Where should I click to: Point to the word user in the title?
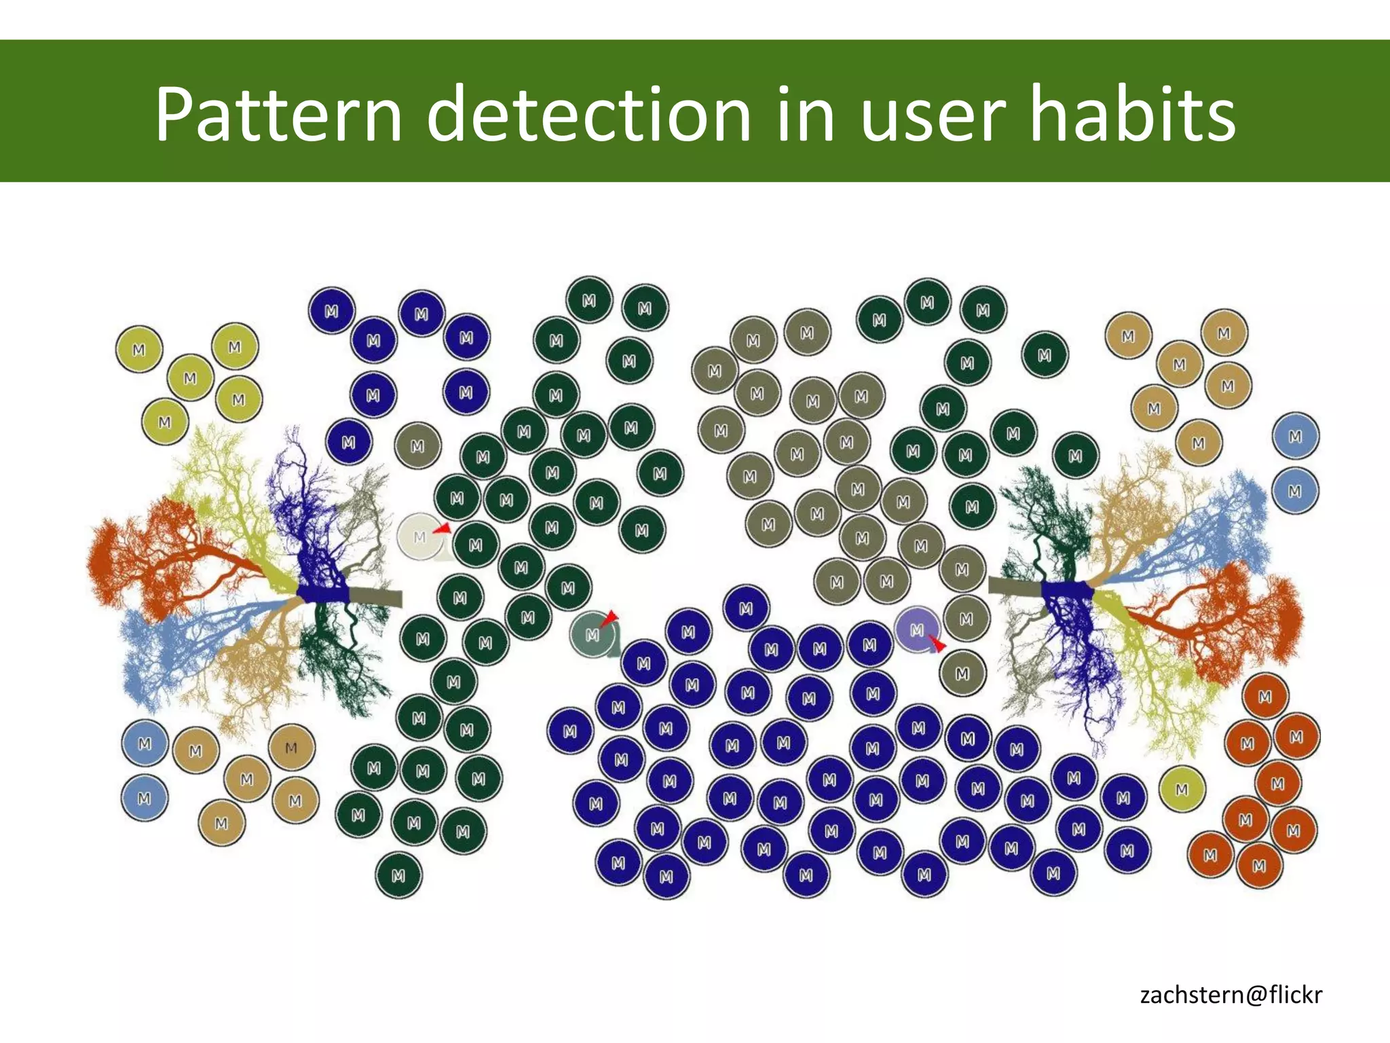click(x=931, y=115)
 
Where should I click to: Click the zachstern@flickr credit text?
click(x=1231, y=995)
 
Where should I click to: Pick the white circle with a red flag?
click(x=420, y=537)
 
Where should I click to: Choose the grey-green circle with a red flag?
click(x=593, y=634)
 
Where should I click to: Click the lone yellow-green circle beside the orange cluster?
click(x=1182, y=789)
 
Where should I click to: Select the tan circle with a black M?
click(x=291, y=748)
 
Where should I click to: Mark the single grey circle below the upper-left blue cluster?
click(x=417, y=446)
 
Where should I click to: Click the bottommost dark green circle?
click(x=398, y=876)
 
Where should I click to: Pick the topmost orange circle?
click(x=1265, y=697)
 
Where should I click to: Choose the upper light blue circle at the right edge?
click(x=1295, y=437)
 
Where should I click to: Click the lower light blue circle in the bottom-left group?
click(x=144, y=799)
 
